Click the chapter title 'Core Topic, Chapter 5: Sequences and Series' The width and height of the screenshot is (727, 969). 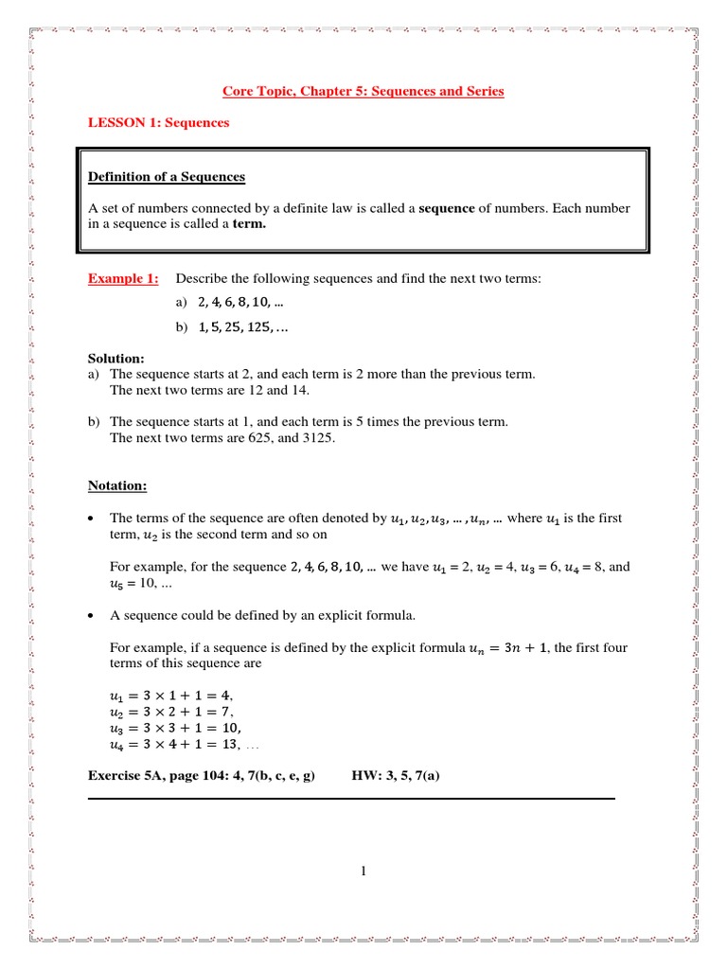click(363, 92)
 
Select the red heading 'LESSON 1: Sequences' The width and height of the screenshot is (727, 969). click(159, 123)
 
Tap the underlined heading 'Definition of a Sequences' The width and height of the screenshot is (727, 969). click(167, 177)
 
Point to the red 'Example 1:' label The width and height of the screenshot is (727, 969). click(123, 278)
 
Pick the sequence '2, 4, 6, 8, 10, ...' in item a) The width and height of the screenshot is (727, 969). click(240, 303)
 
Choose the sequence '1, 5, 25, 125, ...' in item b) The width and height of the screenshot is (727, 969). click(243, 326)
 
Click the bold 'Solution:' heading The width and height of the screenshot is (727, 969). click(116, 359)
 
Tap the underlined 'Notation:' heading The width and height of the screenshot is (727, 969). click(117, 485)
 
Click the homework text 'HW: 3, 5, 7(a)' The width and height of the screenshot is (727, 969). click(395, 776)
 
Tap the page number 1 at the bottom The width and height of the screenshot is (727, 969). click(363, 872)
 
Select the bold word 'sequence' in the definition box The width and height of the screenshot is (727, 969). click(447, 207)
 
